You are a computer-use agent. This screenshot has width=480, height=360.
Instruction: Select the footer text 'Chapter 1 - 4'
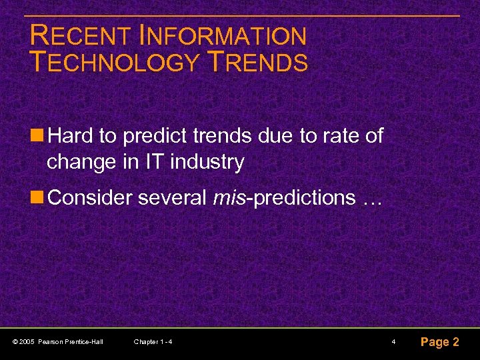tap(153, 342)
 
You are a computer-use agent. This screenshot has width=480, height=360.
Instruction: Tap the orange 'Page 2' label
tap(439, 342)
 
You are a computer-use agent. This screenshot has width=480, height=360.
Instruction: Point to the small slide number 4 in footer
tap(394, 342)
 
